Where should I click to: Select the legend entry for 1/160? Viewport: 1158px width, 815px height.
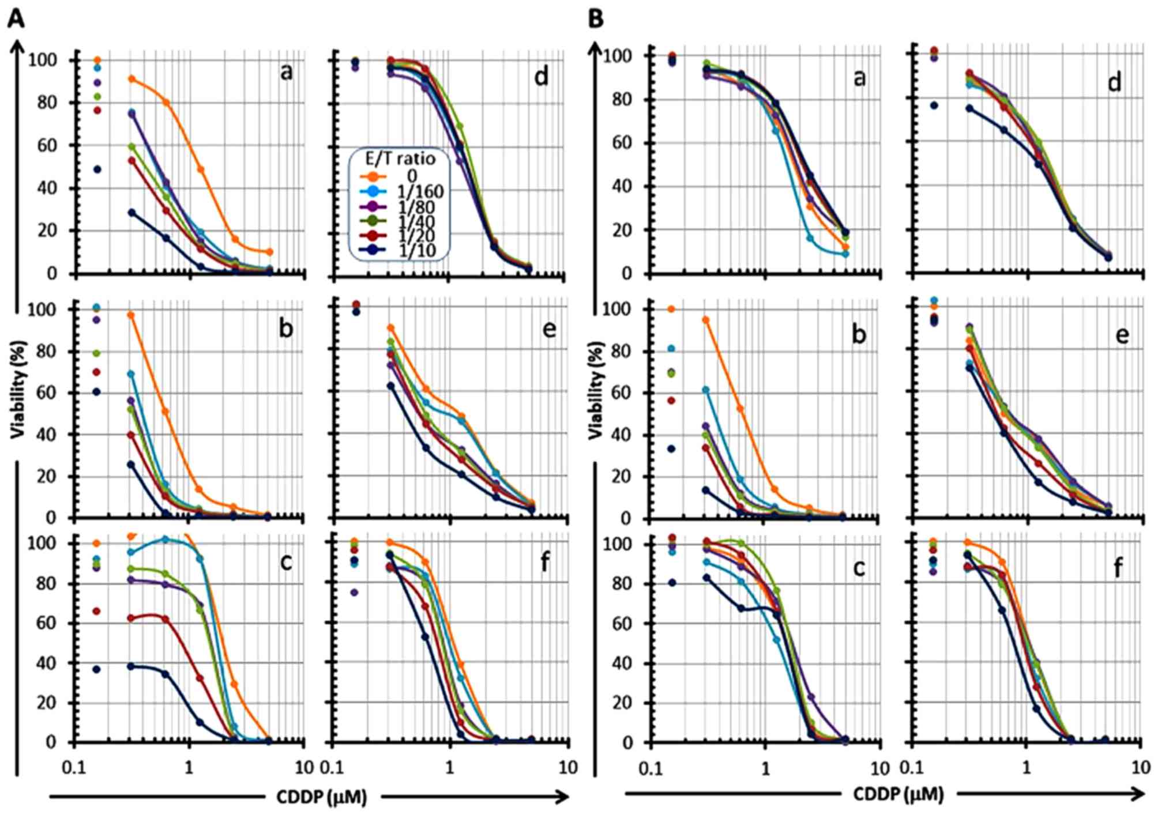click(420, 191)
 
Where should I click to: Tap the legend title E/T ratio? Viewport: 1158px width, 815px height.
click(400, 158)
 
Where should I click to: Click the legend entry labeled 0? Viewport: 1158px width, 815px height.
click(412, 176)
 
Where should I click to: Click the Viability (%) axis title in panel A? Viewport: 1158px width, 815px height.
click(19, 398)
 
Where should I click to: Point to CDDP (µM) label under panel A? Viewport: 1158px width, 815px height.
click(321, 797)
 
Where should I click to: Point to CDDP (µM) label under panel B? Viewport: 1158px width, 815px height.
click(898, 795)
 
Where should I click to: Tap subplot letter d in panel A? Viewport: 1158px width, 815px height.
click(541, 77)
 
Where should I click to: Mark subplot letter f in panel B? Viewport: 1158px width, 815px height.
click(1118, 568)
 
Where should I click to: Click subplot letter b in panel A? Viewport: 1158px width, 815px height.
click(285, 329)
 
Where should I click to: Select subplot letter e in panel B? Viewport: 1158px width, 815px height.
click(1122, 334)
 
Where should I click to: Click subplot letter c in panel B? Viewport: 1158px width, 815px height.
click(859, 568)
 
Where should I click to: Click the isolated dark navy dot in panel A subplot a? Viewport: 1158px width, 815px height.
click(97, 169)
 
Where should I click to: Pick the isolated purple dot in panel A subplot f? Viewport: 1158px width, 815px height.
click(355, 593)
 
